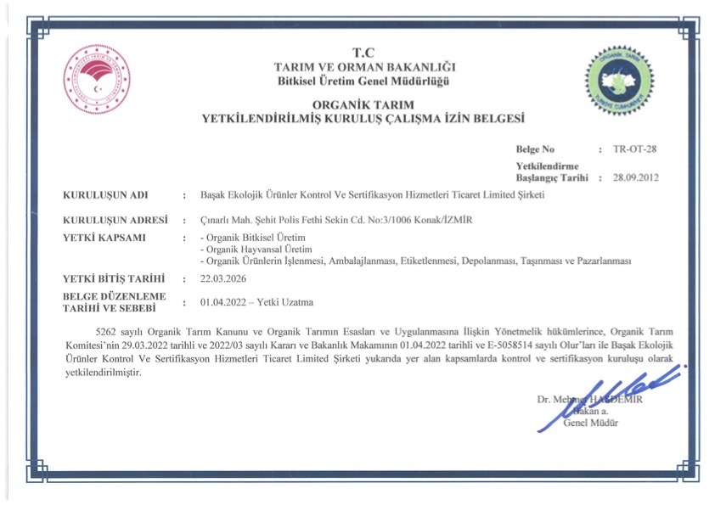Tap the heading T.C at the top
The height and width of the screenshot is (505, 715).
363,53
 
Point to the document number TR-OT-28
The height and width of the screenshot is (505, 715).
634,149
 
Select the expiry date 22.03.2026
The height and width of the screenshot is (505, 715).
226,278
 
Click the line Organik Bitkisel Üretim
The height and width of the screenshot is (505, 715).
252,237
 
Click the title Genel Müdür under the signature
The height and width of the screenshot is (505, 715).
591,423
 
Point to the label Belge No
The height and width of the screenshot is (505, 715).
535,149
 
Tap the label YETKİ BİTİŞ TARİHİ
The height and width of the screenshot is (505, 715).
114,278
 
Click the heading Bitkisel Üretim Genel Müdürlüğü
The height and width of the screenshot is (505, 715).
363,81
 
